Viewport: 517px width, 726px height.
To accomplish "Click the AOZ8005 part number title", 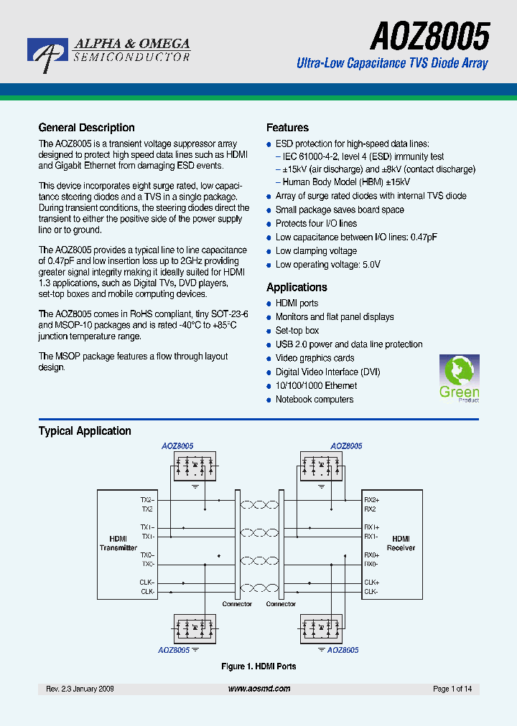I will (430, 34).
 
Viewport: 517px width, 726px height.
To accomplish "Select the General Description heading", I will (86, 128).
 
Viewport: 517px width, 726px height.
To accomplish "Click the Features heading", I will (287, 128).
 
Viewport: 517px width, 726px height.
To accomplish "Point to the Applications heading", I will (297, 287).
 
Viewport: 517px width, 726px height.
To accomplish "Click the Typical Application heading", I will (85, 431).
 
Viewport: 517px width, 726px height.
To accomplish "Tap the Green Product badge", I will (459, 378).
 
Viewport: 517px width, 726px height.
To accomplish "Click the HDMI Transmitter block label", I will (118, 543).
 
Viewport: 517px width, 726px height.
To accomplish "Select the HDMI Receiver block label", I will (401, 543).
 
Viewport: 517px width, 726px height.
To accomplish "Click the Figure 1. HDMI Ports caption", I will (258, 666).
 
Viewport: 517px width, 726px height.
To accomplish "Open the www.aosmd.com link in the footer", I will (259, 689).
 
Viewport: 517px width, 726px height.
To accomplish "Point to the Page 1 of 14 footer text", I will (452, 689).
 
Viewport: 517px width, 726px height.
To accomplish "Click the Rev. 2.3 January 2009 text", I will (80, 689).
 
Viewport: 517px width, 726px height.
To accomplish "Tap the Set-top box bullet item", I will (297, 331).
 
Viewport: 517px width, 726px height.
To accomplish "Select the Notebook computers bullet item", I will (315, 400).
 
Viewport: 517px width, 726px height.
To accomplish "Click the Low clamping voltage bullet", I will (316, 251).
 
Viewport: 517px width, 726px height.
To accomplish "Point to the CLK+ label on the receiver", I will (371, 583).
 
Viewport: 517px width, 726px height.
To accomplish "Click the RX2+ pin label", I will (372, 500).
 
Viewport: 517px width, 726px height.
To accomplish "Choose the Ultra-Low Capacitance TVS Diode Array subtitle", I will (392, 63).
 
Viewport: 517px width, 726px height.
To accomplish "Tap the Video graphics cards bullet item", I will (315, 358).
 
